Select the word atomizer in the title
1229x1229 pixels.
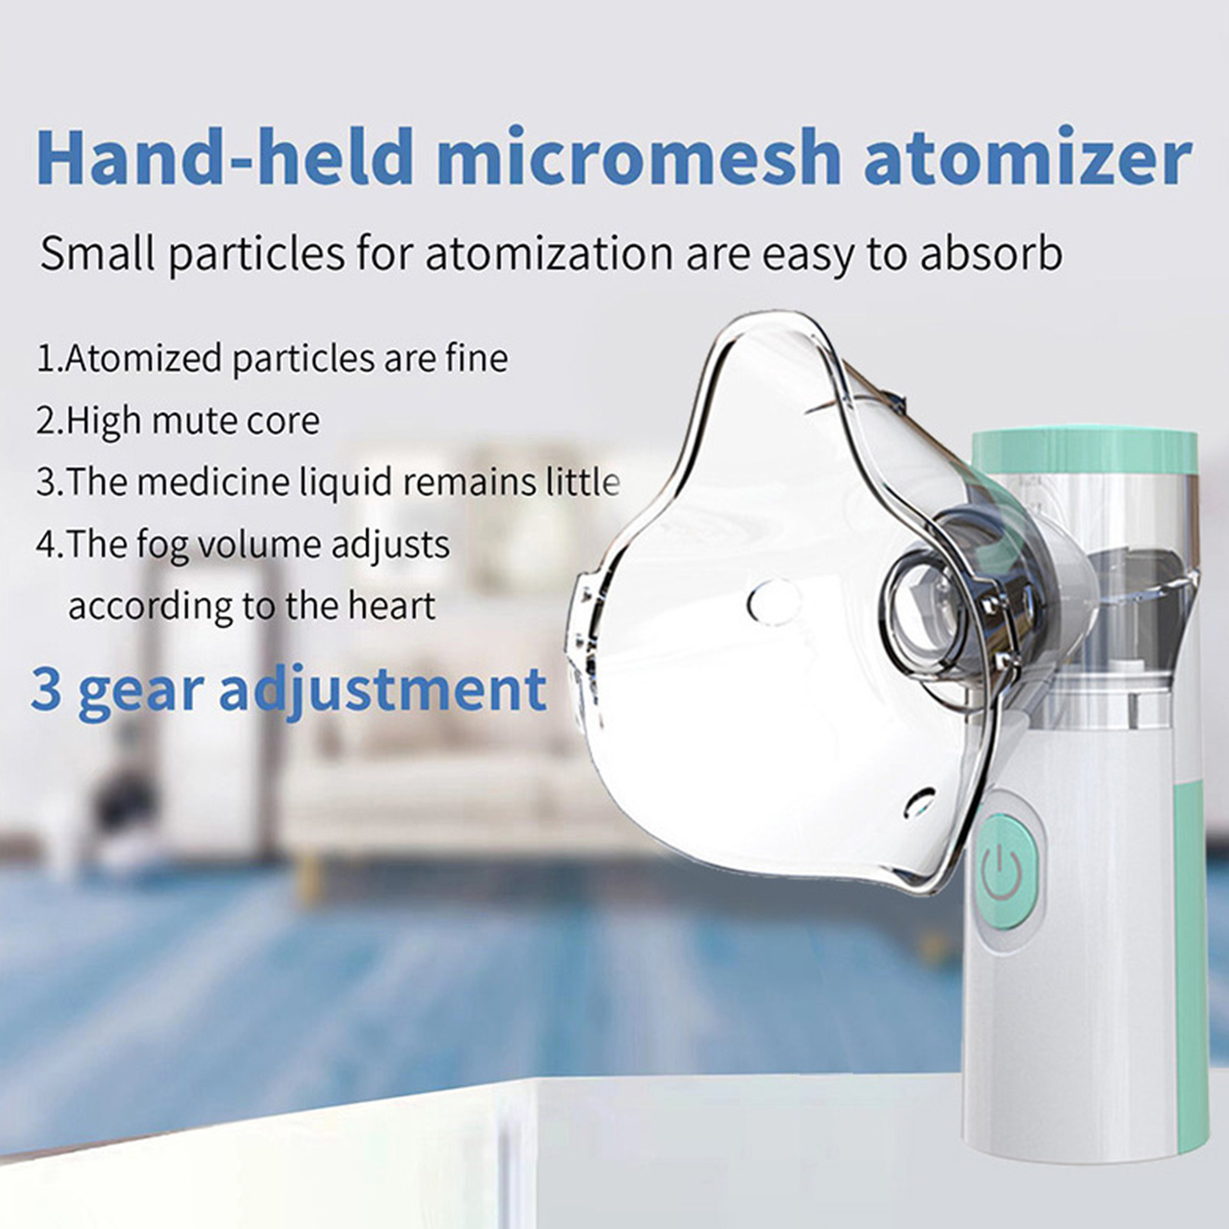point(1028,158)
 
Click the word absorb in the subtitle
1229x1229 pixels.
point(990,253)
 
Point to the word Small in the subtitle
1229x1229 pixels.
point(98,253)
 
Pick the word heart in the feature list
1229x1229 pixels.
point(392,606)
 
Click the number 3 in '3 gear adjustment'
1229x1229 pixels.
point(46,688)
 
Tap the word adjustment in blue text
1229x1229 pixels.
point(383,690)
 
